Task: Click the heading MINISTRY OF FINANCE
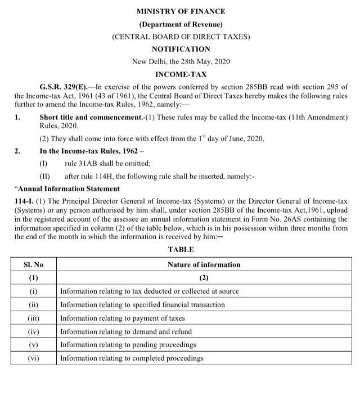click(180, 11)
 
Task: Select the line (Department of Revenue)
click(180, 24)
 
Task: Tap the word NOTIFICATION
click(180, 49)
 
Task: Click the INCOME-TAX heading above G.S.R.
click(180, 74)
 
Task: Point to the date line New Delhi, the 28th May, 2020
click(180, 61)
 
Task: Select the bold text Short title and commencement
click(90, 117)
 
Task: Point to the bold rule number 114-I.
click(24, 201)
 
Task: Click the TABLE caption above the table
click(180, 249)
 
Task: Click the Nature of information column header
click(204, 264)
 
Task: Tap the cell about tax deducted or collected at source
click(149, 291)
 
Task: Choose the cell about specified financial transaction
click(142, 304)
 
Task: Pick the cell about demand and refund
click(125, 331)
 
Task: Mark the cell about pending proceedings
click(128, 344)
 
